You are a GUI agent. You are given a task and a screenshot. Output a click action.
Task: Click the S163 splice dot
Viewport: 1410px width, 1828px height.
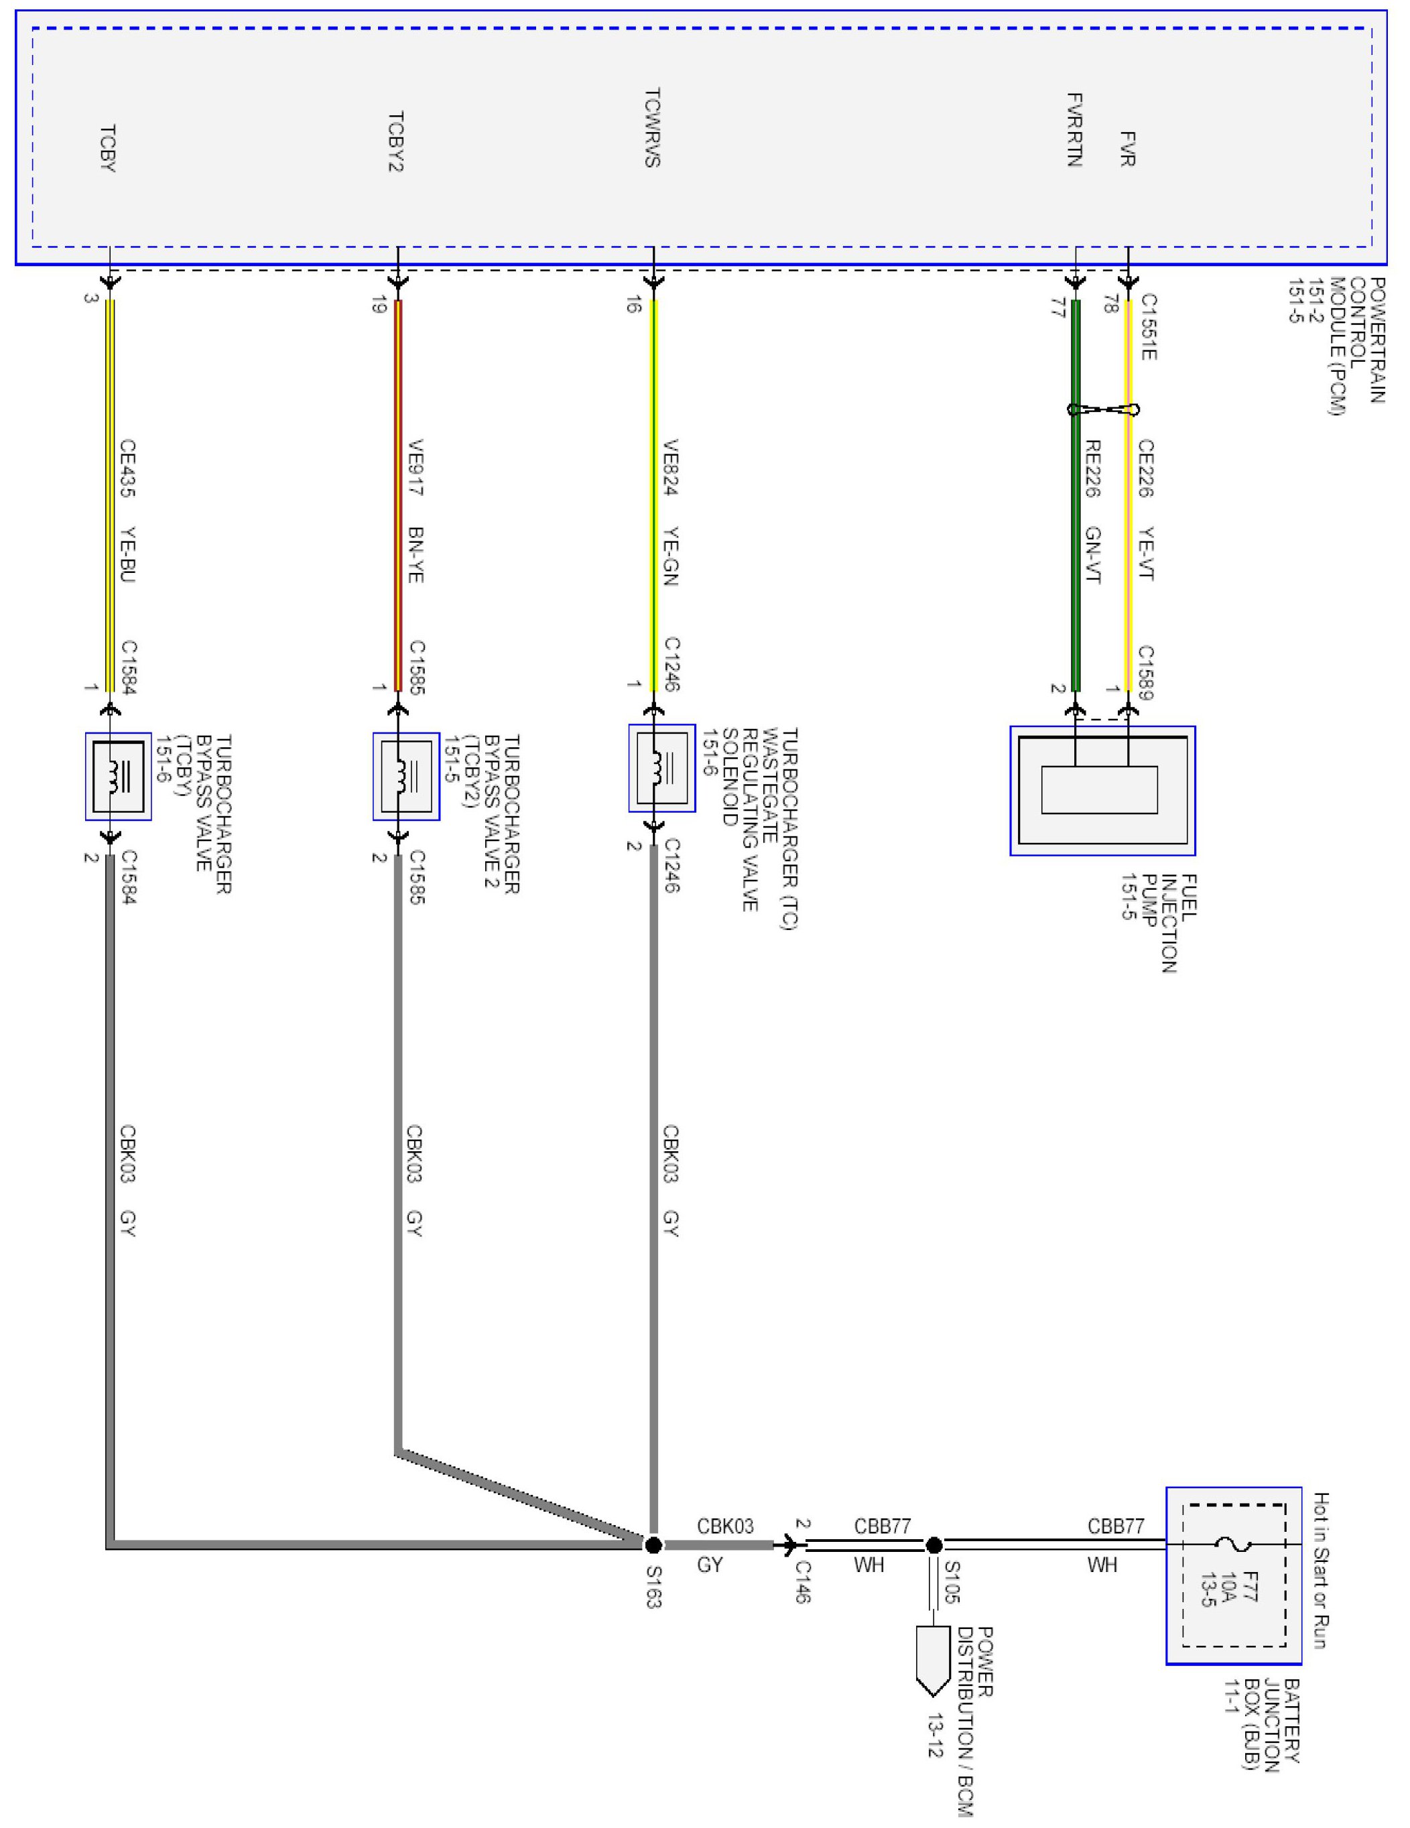point(653,1545)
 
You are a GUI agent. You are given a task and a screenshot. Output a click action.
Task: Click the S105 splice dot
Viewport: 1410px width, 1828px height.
point(934,1545)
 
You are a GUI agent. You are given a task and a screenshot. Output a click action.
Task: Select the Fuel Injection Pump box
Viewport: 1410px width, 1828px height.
point(1102,790)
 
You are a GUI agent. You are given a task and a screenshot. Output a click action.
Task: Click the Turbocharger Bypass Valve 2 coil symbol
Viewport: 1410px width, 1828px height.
point(406,777)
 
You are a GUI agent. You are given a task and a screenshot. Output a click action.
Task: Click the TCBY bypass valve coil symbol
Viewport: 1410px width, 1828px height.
point(118,777)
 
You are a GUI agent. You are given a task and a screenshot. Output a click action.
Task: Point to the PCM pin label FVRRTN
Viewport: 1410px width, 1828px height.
point(1076,130)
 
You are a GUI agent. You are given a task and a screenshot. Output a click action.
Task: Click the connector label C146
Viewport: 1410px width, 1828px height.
point(802,1581)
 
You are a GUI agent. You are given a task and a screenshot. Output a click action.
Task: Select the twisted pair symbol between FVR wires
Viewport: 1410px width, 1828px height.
point(1102,409)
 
